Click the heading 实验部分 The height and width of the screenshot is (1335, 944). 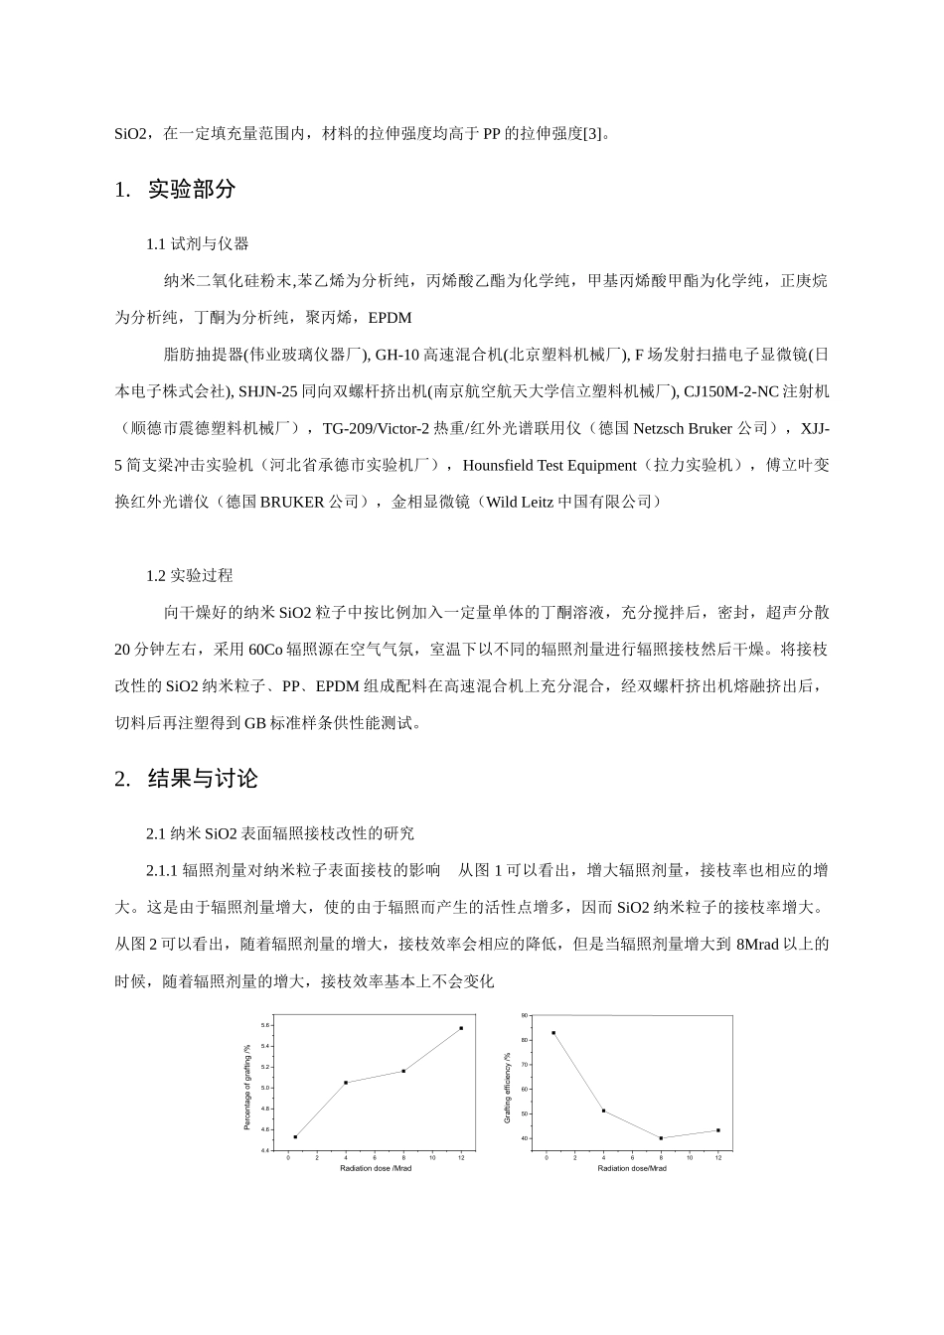click(191, 190)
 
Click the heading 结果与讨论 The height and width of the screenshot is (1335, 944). click(202, 779)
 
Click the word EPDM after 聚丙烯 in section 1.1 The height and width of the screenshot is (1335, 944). click(390, 318)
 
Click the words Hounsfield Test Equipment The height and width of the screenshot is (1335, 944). click(550, 465)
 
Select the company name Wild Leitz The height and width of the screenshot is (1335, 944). click(520, 502)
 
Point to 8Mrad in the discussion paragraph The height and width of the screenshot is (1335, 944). click(757, 944)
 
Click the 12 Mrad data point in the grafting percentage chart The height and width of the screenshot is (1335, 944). click(461, 1028)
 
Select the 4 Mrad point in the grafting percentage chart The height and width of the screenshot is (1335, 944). click(346, 1083)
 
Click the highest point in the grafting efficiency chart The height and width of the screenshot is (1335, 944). click(553, 1033)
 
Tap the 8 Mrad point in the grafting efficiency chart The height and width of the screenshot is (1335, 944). click(661, 1138)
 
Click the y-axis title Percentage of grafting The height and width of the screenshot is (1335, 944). click(248, 1087)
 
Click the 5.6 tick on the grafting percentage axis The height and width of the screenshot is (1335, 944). click(265, 1025)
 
